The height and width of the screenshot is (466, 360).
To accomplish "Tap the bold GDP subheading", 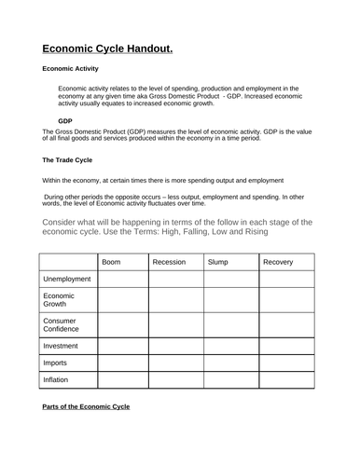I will click(x=64, y=121).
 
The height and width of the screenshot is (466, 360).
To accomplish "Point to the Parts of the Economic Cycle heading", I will click(x=86, y=407).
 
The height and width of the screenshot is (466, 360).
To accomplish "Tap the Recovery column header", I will click(x=278, y=262).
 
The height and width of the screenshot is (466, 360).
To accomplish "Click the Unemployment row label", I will click(x=67, y=280).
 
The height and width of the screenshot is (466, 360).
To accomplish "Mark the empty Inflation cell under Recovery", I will click(x=285, y=380).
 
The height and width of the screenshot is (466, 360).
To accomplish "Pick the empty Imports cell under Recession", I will click(x=176, y=363).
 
